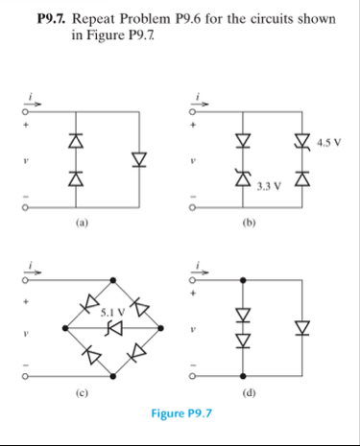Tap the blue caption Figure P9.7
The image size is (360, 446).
[x=180, y=413]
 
